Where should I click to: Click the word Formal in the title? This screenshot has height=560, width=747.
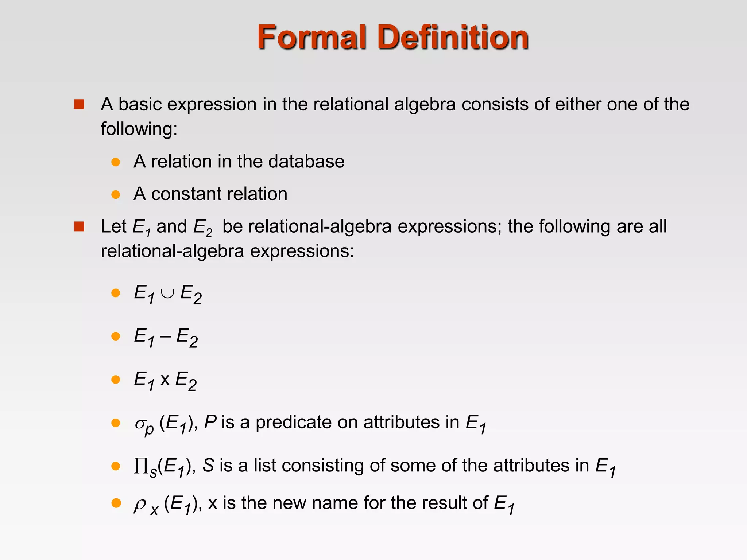[x=312, y=37]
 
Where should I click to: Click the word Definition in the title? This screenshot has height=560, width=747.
[x=453, y=37]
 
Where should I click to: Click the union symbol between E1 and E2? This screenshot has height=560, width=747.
[x=167, y=293]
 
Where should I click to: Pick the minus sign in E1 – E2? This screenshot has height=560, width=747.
[x=165, y=337]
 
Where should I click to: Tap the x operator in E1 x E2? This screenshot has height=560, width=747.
[x=165, y=380]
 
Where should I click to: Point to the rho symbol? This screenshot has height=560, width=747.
[x=140, y=505]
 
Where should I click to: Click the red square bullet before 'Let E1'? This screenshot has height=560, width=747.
[x=79, y=227]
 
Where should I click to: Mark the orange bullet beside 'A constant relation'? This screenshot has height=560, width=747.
[x=116, y=194]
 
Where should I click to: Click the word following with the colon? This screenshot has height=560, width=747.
[x=139, y=129]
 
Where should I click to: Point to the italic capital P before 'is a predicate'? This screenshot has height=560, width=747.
[x=210, y=422]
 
